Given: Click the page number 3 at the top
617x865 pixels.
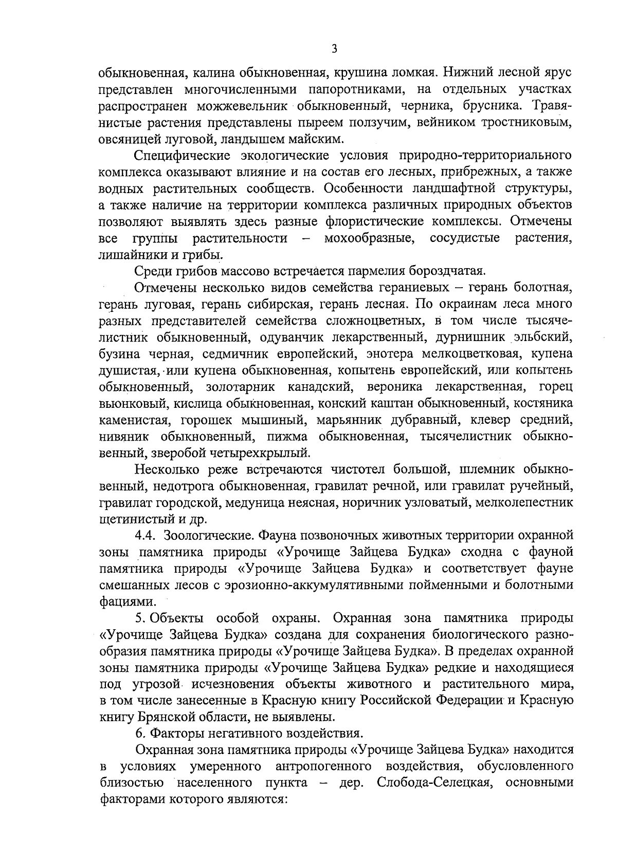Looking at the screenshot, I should point(334,50).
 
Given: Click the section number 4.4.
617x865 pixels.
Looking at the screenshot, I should point(146,535).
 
